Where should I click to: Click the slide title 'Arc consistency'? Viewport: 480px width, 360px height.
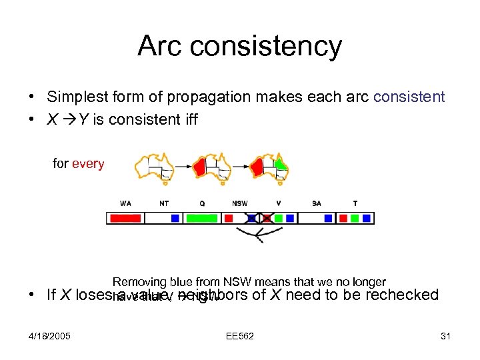(239, 46)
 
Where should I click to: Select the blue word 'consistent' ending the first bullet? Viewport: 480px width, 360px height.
(409, 97)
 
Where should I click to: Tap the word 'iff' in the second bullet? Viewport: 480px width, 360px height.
(189, 121)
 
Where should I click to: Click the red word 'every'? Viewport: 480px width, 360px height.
(88, 164)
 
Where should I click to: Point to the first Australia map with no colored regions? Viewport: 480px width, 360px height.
(154, 167)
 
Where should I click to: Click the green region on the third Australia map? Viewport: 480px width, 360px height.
(281, 163)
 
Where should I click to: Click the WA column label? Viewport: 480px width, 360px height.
(125, 203)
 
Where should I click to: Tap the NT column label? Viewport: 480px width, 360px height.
(164, 203)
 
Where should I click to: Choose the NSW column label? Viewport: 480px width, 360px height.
(240, 203)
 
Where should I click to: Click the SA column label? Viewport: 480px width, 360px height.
(316, 203)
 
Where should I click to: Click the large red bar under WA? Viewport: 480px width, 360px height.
(125, 218)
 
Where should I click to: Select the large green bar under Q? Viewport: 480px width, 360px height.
(201, 218)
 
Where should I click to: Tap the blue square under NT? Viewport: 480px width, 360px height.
(175, 218)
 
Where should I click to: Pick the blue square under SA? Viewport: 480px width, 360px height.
(328, 218)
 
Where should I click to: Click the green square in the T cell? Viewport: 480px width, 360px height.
(355, 218)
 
